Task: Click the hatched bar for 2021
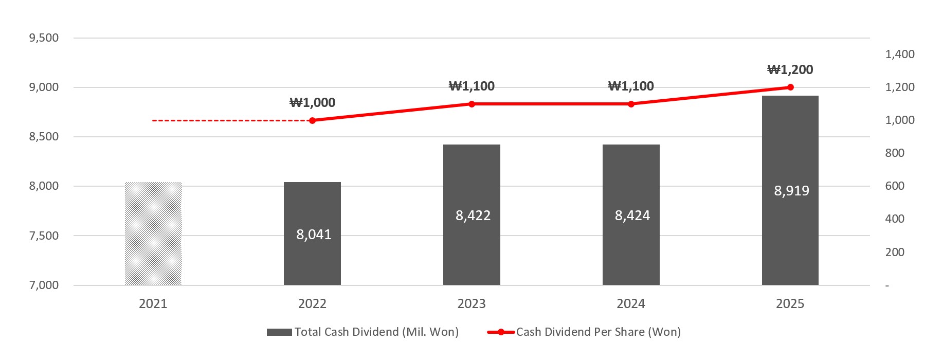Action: [x=153, y=233]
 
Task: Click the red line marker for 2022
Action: [x=312, y=120]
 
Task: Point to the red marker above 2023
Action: [x=472, y=104]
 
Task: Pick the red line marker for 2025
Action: [x=790, y=87]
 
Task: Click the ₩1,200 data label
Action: [x=790, y=70]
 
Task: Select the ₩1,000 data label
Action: [x=312, y=103]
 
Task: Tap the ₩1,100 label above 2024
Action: [x=631, y=86]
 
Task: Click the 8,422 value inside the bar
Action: [x=473, y=215]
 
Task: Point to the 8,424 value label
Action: [x=632, y=215]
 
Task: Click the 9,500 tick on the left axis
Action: [x=44, y=38]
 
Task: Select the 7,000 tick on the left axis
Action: [x=44, y=285]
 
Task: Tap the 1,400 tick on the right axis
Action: [x=899, y=55]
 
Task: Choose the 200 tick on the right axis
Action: [x=895, y=253]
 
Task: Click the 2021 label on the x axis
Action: [x=153, y=304]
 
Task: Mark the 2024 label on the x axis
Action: [x=631, y=304]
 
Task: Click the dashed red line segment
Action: [x=231, y=121]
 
